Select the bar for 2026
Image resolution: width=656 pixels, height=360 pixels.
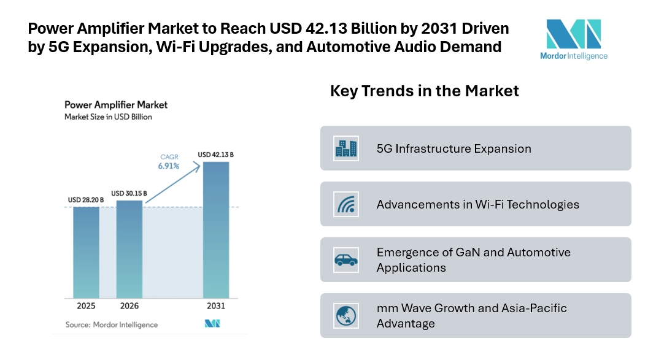(129, 248)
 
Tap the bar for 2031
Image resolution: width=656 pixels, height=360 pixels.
(216, 230)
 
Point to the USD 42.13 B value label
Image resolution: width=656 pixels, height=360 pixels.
(215, 155)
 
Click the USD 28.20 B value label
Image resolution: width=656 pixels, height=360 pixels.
(86, 200)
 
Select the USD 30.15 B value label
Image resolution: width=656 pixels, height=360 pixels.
(128, 193)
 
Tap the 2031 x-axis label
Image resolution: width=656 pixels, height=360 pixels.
(216, 305)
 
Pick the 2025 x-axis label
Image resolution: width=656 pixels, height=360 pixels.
(86, 305)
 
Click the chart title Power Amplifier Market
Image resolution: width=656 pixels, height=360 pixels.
(116, 105)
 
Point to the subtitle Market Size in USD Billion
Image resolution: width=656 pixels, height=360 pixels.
(108, 117)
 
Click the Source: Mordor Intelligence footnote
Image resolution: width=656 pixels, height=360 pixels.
(111, 324)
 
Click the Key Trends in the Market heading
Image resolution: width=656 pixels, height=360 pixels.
(424, 91)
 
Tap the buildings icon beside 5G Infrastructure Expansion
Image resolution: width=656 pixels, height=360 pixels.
(346, 148)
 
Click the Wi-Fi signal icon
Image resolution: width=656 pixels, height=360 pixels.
(346, 204)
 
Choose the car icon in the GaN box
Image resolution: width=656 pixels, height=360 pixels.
(346, 260)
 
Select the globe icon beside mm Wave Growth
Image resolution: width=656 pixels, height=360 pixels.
(346, 316)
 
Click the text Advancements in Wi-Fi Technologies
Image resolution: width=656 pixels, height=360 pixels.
(477, 204)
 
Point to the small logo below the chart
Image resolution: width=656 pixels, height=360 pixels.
(212, 324)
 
